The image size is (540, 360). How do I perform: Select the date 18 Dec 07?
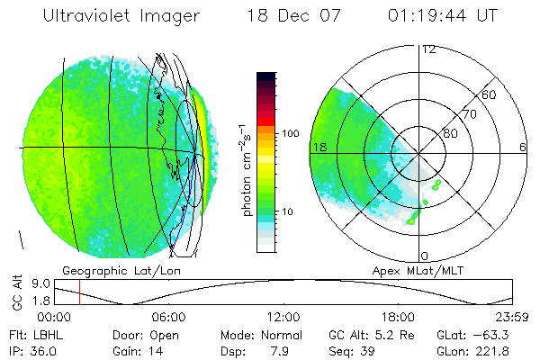[289, 17]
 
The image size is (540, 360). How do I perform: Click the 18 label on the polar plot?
[318, 148]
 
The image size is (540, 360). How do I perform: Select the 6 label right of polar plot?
[522, 148]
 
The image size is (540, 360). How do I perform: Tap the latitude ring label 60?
[490, 95]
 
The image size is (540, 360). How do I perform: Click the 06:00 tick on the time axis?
[168, 317]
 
